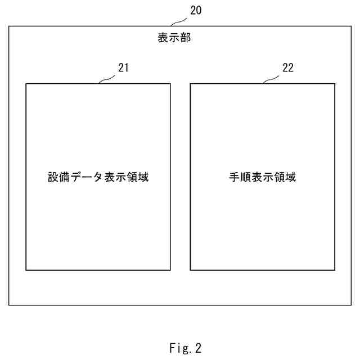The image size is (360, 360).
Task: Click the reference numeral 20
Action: pyautogui.click(x=196, y=10)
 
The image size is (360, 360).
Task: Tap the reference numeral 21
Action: pyautogui.click(x=124, y=68)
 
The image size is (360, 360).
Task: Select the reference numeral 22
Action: pyautogui.click(x=287, y=68)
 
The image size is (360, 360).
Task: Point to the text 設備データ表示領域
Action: pyautogui.click(x=98, y=177)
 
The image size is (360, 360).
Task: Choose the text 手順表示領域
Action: pyautogui.click(x=263, y=177)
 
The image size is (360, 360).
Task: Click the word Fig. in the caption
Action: pyautogui.click(x=177, y=348)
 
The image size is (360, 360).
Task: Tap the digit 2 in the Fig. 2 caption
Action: pyautogui.click(x=198, y=348)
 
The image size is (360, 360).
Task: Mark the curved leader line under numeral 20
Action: pyautogui.click(x=179, y=21)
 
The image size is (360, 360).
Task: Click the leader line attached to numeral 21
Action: pyautogui.click(x=107, y=79)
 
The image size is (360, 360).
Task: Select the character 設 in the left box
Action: pyautogui.click(x=53, y=177)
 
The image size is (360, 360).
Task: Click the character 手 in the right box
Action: pyautogui.click(x=235, y=177)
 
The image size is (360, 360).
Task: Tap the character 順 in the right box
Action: pyautogui.click(x=246, y=177)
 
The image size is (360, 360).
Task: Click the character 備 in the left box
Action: pyautogui.click(x=64, y=177)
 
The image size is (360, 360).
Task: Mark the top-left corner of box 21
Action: pyautogui.click(x=26, y=84)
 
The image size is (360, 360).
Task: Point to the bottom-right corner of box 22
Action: pyautogui.click(x=335, y=270)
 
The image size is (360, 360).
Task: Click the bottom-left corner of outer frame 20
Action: pyautogui.click(x=9, y=305)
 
